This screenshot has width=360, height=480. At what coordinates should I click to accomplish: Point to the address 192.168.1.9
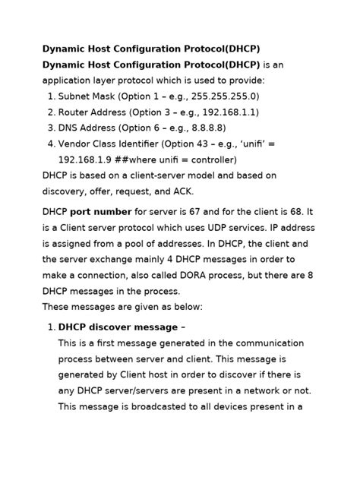87,160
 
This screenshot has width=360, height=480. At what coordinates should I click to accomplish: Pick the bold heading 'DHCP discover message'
117,327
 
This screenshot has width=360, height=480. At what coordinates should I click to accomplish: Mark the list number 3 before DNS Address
51,128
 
